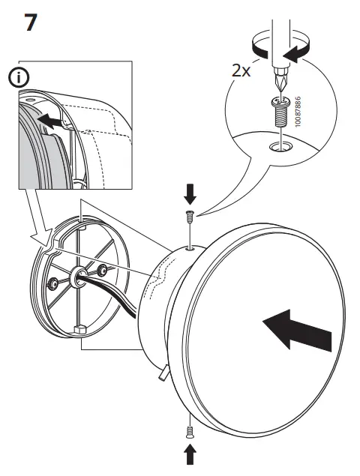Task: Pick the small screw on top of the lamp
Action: click(x=190, y=217)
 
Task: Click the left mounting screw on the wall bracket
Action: click(x=53, y=283)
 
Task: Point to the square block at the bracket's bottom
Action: click(x=79, y=328)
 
